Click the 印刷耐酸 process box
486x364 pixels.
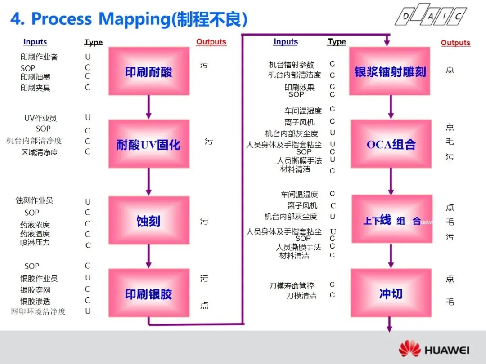click(x=148, y=71)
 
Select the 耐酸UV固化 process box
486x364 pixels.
click(x=148, y=144)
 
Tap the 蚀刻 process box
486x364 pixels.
click(x=148, y=221)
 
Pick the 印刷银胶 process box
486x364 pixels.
click(x=148, y=293)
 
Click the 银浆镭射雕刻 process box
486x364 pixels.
click(x=390, y=71)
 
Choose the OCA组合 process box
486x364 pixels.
click(x=391, y=144)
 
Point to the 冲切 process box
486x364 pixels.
click(x=391, y=293)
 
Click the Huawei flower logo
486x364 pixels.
click(x=409, y=350)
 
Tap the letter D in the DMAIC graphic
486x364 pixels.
click(x=406, y=17)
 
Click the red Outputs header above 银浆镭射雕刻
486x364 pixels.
click(x=455, y=43)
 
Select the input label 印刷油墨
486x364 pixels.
click(x=36, y=77)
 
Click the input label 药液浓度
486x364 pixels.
click(x=35, y=224)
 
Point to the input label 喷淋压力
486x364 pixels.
click(x=35, y=242)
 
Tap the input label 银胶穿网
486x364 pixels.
click(x=35, y=290)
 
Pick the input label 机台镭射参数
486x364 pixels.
click(x=292, y=65)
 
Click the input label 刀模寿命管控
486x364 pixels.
click(x=292, y=285)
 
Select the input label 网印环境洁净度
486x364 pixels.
click(x=38, y=311)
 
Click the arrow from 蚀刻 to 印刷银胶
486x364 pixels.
click(x=148, y=257)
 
